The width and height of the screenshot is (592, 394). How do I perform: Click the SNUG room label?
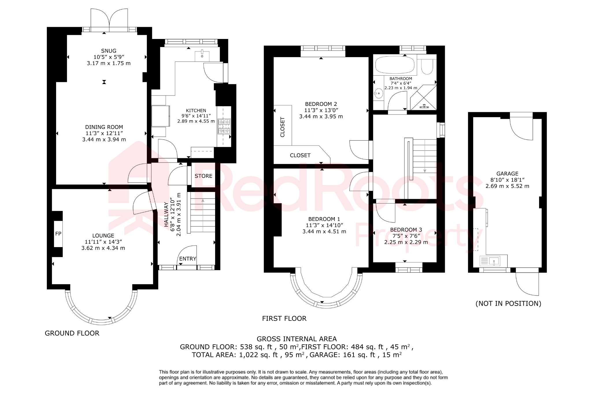(x=109, y=51)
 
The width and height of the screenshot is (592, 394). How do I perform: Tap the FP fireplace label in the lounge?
(x=58, y=234)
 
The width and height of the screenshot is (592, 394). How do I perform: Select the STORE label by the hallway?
(x=203, y=176)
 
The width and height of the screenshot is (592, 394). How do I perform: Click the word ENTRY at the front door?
(x=188, y=259)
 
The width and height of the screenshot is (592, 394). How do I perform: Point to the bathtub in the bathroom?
(x=395, y=65)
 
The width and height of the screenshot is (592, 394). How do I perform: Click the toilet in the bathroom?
(x=427, y=67)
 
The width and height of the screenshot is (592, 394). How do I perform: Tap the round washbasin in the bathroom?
(x=378, y=93)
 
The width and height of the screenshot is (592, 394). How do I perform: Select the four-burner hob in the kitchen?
(x=224, y=126)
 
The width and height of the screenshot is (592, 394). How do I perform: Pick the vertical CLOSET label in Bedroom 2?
(x=282, y=127)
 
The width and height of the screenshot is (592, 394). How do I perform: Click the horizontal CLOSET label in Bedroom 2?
(x=300, y=155)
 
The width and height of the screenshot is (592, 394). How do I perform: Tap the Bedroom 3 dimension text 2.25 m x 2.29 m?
(x=406, y=242)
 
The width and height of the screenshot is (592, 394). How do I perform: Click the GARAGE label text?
(x=507, y=173)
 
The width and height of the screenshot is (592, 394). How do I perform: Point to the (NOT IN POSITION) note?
(x=508, y=303)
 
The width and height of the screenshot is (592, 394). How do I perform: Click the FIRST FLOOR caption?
(x=284, y=318)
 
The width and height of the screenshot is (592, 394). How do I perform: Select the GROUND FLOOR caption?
(x=72, y=333)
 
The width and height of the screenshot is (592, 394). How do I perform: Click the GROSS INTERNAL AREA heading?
(x=297, y=339)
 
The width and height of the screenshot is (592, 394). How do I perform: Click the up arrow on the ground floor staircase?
(x=203, y=200)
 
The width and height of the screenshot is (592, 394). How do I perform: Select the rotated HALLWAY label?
(x=166, y=214)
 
